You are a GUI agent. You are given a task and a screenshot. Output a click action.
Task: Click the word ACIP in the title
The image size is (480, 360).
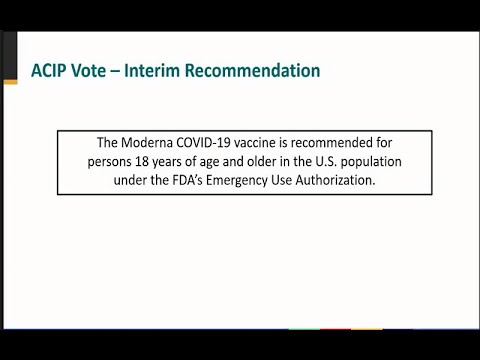click(x=47, y=71)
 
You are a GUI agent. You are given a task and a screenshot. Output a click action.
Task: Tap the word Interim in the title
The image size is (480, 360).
click(x=166, y=71)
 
